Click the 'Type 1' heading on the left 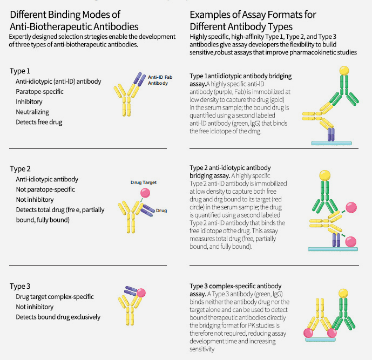pyautogui.click(x=20, y=71)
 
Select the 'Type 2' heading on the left pyautogui.click(x=20, y=169)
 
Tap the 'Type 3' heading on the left pyautogui.click(x=20, y=286)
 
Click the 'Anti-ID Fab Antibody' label pyautogui.click(x=160, y=80)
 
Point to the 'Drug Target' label pyautogui.click(x=144, y=182)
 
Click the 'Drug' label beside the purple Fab pyautogui.click(x=161, y=210)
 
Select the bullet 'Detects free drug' pyautogui.click(x=39, y=122)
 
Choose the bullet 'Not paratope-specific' pyautogui.click(x=45, y=189)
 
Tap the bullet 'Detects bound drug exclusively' pyautogui.click(x=58, y=317)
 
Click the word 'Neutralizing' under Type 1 pyautogui.click(x=32, y=112)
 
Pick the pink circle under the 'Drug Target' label pyautogui.click(x=145, y=193)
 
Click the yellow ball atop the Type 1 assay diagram pyautogui.click(x=344, y=70)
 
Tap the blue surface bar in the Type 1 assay pyautogui.click(x=332, y=143)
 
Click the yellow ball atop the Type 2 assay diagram pyautogui.click(x=325, y=175)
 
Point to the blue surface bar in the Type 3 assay pyautogui.click(x=320, y=339)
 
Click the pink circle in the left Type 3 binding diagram pyautogui.click(x=141, y=293)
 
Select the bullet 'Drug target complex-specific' pyautogui.click(x=55, y=297)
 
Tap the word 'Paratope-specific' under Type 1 pyautogui.click(x=39, y=92)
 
